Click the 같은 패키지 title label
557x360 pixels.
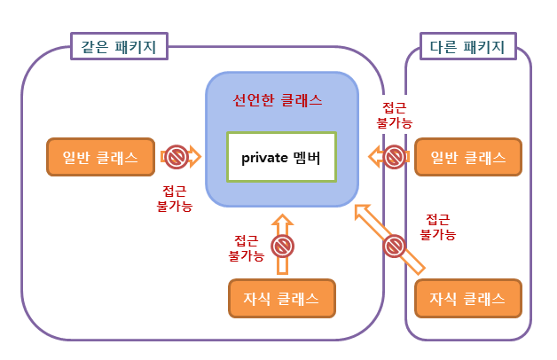point(121,47)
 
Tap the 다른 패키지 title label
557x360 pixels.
point(467,47)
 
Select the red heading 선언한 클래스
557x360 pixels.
point(278,100)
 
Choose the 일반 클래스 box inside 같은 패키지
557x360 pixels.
point(100,158)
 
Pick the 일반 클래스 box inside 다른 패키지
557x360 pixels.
point(467,158)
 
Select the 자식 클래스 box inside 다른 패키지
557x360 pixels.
point(467,297)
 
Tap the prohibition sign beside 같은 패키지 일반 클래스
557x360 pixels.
point(176,158)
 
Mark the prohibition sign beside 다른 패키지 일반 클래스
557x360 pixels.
point(394,158)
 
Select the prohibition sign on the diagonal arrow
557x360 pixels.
point(394,245)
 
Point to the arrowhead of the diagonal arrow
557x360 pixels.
point(359,211)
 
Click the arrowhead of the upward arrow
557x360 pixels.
point(282,221)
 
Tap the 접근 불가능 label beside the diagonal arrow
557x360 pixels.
point(437,227)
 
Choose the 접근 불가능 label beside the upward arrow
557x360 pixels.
point(246,247)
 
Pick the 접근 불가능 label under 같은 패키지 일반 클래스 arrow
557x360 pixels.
point(174,197)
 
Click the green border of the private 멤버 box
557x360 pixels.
point(281,132)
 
